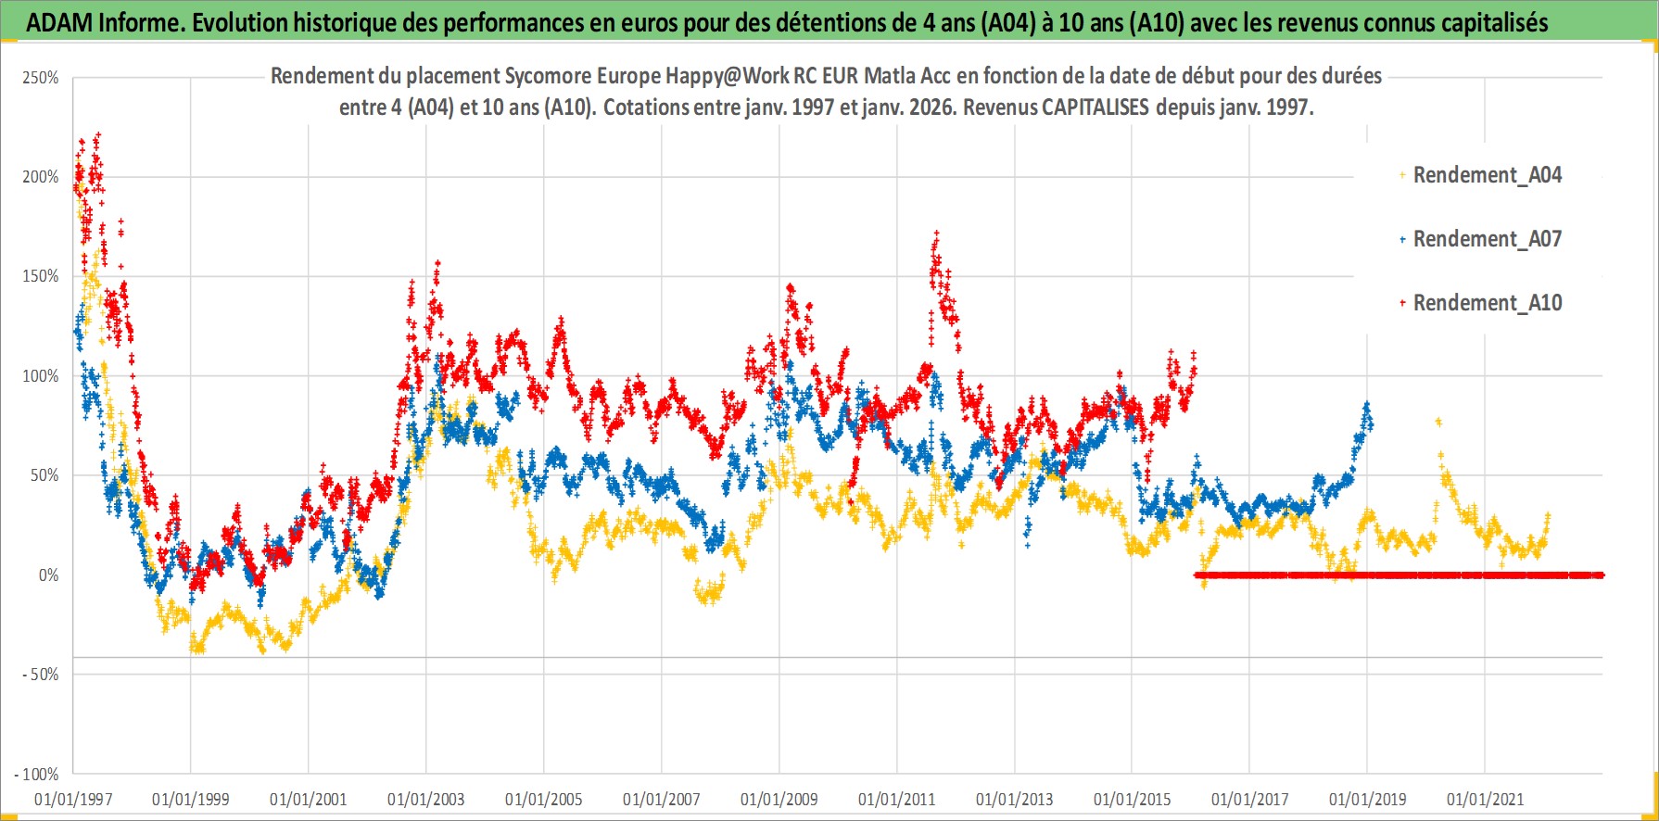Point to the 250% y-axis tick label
(x=41, y=78)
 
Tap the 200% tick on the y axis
(x=41, y=177)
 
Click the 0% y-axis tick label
(x=48, y=575)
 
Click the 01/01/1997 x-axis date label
(x=73, y=799)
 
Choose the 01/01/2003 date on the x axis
(x=426, y=799)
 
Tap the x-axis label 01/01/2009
(x=779, y=799)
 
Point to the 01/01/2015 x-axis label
(x=1133, y=799)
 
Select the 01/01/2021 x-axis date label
(x=1485, y=799)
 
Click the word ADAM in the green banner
(x=58, y=22)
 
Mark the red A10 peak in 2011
(x=937, y=234)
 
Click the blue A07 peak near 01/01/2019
(x=1366, y=405)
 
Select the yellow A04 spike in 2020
(x=1438, y=422)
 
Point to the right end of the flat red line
(x=1601, y=575)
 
